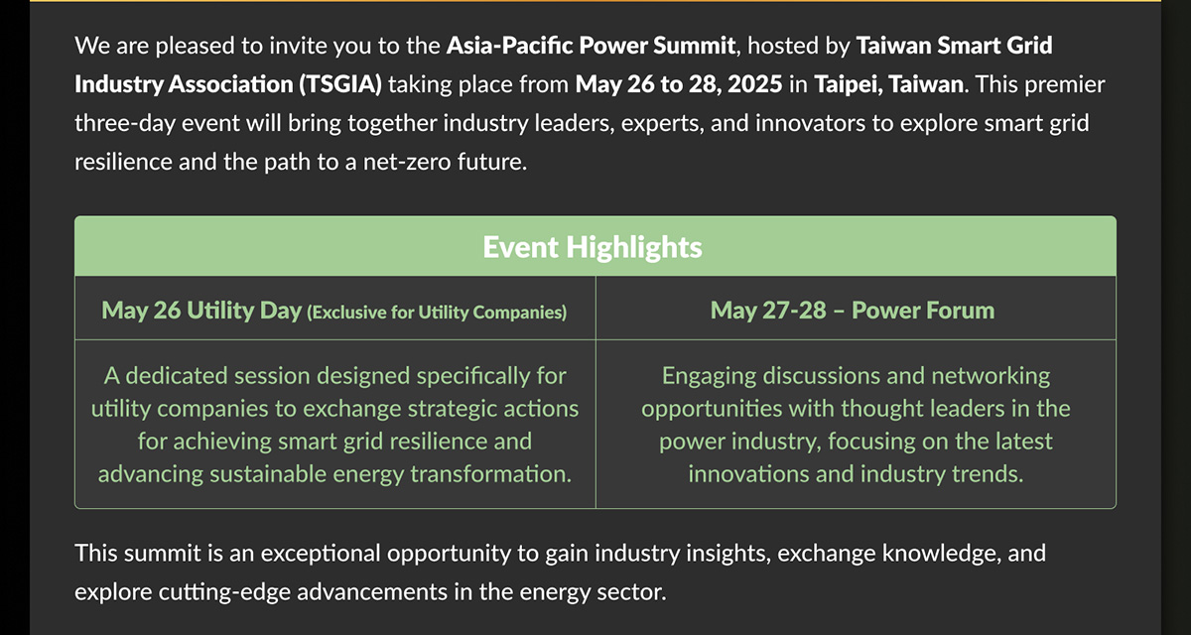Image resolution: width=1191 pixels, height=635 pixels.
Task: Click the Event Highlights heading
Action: [x=593, y=247]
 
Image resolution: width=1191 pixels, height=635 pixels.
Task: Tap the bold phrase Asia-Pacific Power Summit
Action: [x=591, y=46]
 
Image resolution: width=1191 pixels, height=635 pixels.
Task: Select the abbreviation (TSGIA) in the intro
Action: [x=340, y=84]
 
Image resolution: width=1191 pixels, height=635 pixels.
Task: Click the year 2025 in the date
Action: [x=755, y=84]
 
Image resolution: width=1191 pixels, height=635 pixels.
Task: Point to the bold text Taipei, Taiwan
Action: [x=888, y=85]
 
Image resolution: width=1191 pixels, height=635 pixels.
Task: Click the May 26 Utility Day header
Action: [x=201, y=311]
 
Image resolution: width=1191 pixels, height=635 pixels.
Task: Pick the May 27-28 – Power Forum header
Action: [x=853, y=311]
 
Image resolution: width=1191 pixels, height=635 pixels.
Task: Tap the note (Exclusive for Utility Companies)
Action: [x=437, y=313]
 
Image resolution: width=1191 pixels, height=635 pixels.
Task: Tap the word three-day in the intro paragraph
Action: [x=125, y=124]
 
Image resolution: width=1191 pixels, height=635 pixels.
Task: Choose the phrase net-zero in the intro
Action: [x=399, y=162]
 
